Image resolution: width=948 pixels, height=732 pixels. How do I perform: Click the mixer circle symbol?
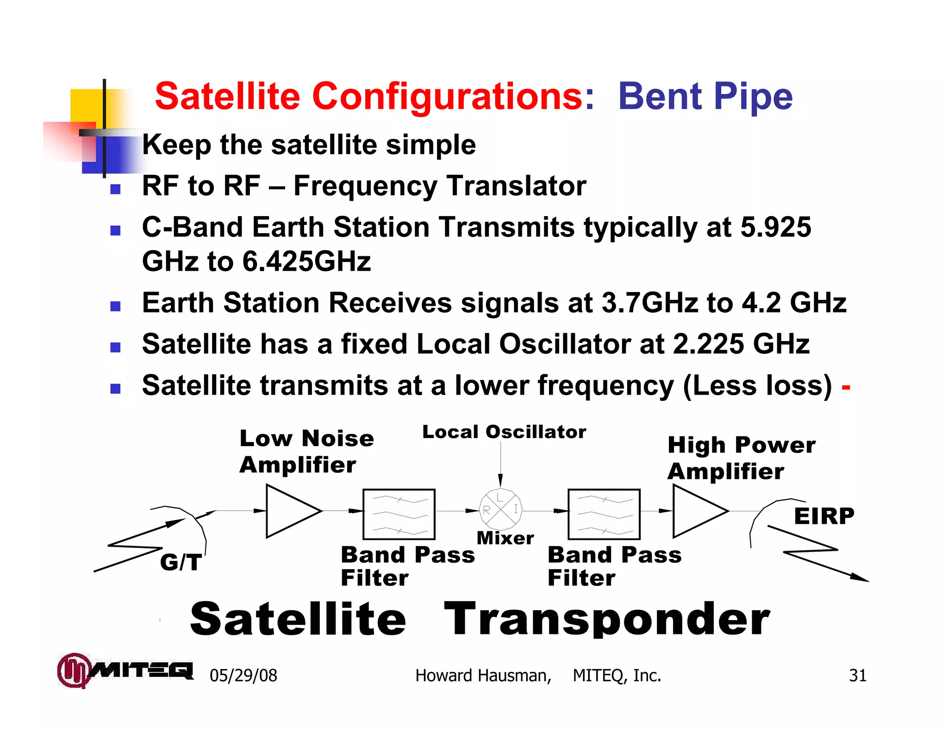(500, 509)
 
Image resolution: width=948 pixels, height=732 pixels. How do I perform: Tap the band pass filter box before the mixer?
(399, 514)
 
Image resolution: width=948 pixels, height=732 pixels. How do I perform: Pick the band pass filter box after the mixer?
(604, 514)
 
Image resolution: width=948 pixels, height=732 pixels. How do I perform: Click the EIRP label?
(824, 516)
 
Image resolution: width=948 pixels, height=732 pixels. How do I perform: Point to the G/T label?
(181, 562)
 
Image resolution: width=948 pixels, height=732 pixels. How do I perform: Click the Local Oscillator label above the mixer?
(504, 432)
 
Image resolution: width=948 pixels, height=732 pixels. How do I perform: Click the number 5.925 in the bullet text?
(775, 227)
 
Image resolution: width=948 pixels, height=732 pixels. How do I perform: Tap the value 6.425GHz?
(306, 261)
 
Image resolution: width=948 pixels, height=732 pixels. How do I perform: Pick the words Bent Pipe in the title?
(705, 96)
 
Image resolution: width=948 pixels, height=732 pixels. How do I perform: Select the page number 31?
(857, 675)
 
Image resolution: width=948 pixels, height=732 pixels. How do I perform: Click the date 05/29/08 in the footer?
(243, 675)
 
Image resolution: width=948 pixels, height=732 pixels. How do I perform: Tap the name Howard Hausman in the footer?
(483, 675)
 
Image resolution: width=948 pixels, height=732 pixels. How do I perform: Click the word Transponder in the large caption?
(606, 619)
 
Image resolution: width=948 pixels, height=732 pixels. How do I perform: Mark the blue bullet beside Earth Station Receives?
(116, 306)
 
